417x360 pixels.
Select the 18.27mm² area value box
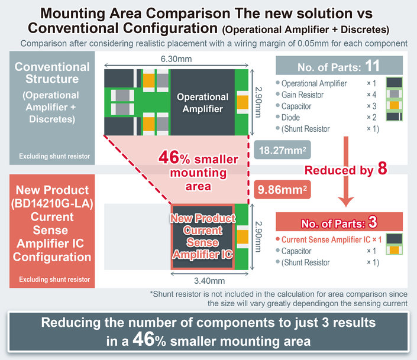click(x=279, y=150)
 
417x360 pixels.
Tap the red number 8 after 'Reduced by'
click(x=382, y=170)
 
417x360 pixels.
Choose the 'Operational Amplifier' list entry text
click(x=314, y=83)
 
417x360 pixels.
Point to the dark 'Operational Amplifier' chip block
click(x=202, y=102)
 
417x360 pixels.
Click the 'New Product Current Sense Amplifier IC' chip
click(x=202, y=236)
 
